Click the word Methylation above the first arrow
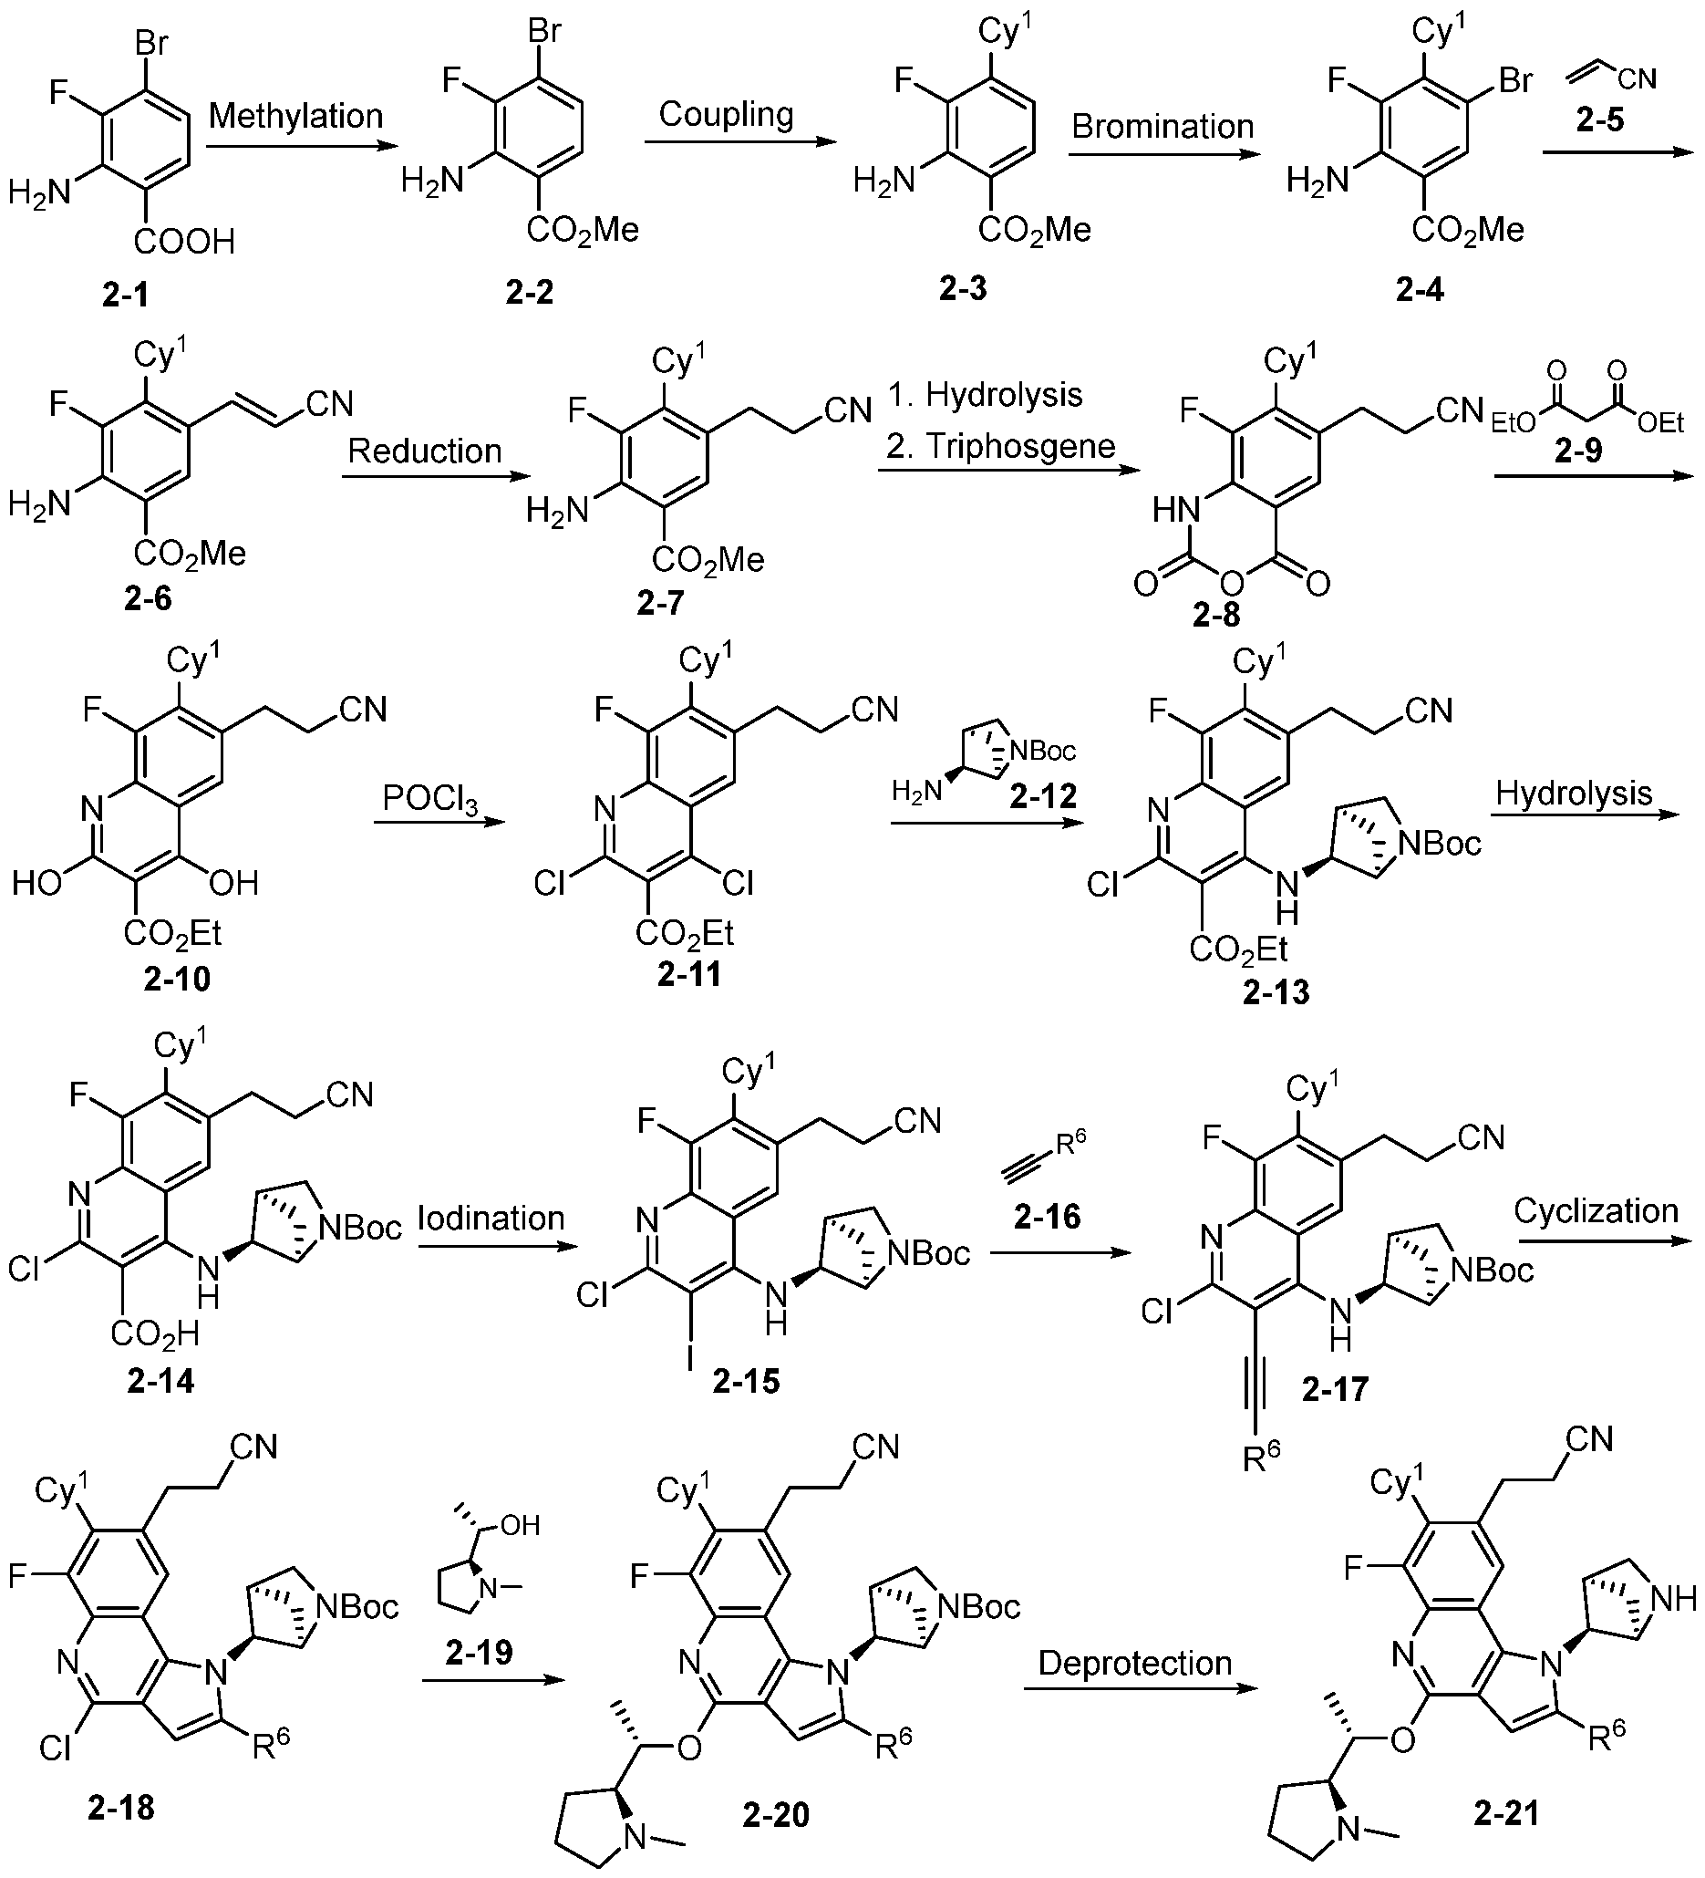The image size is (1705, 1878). (295, 116)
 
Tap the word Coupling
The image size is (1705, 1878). (727, 115)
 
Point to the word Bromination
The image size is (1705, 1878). (1162, 126)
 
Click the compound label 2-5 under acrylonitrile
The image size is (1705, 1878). (1601, 121)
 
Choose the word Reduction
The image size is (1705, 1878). (425, 451)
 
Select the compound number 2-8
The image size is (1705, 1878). (1218, 615)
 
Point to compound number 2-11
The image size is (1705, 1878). (689, 973)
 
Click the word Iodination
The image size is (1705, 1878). (491, 1218)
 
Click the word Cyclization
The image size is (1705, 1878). (1596, 1211)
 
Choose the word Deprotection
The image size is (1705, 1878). (1135, 1663)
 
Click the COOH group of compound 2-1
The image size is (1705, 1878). (184, 244)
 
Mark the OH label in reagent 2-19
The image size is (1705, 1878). (521, 1525)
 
